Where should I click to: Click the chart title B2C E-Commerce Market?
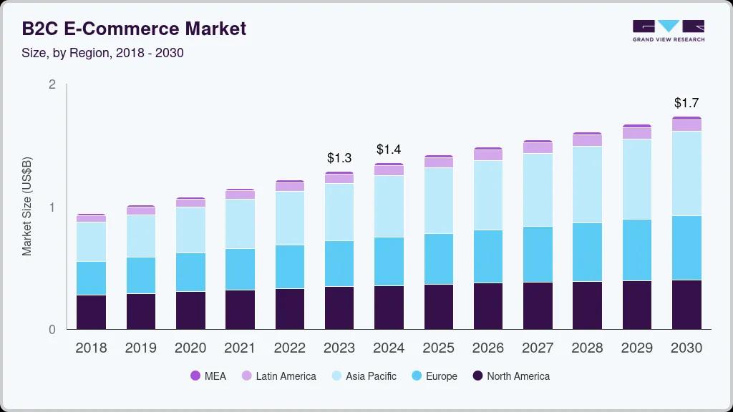pyautogui.click(x=134, y=29)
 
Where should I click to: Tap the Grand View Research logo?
pyautogui.click(x=668, y=31)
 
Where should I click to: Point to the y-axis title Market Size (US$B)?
pyautogui.click(x=27, y=207)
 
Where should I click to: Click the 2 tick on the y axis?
pyautogui.click(x=52, y=84)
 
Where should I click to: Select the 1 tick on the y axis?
pyautogui.click(x=52, y=207)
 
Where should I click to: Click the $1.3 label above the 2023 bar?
pyautogui.click(x=339, y=157)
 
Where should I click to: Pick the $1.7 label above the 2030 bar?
pyautogui.click(x=686, y=103)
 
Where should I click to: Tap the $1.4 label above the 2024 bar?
pyautogui.click(x=389, y=149)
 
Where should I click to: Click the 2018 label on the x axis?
pyautogui.click(x=91, y=348)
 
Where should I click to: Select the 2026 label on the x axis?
pyautogui.click(x=488, y=348)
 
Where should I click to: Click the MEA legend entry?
pyautogui.click(x=208, y=376)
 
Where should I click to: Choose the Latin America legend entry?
pyautogui.click(x=278, y=376)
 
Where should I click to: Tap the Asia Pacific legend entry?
pyautogui.click(x=364, y=376)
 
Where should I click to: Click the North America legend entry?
pyautogui.click(x=511, y=376)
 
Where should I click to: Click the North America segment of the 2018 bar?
pyautogui.click(x=91, y=312)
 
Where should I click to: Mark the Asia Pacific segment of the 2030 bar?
pyautogui.click(x=686, y=173)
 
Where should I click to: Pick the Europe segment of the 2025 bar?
pyautogui.click(x=438, y=259)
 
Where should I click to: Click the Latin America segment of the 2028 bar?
pyautogui.click(x=587, y=140)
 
